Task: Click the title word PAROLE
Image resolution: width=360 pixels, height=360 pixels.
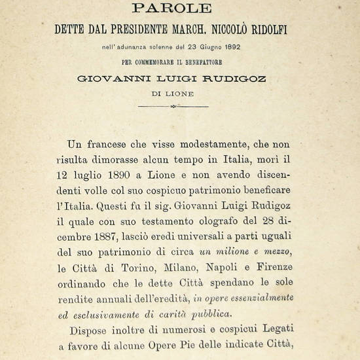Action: tap(172, 9)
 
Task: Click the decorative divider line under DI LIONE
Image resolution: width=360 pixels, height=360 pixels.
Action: tap(173, 106)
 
